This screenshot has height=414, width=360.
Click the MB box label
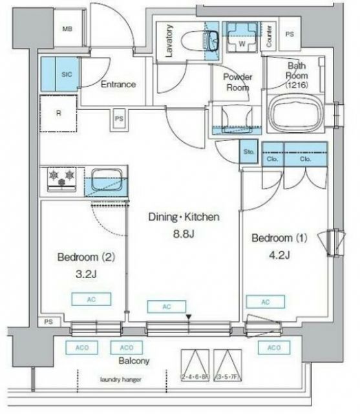click(x=67, y=29)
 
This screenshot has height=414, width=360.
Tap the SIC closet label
click(x=67, y=75)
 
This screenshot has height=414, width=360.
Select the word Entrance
click(x=118, y=84)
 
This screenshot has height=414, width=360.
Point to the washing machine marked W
click(x=241, y=38)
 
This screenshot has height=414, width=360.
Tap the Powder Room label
click(x=237, y=82)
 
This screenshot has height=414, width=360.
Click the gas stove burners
click(x=64, y=179)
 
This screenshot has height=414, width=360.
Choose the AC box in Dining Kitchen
click(x=165, y=307)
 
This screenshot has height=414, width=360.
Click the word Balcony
click(x=134, y=361)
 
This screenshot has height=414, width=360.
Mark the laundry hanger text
click(x=120, y=379)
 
